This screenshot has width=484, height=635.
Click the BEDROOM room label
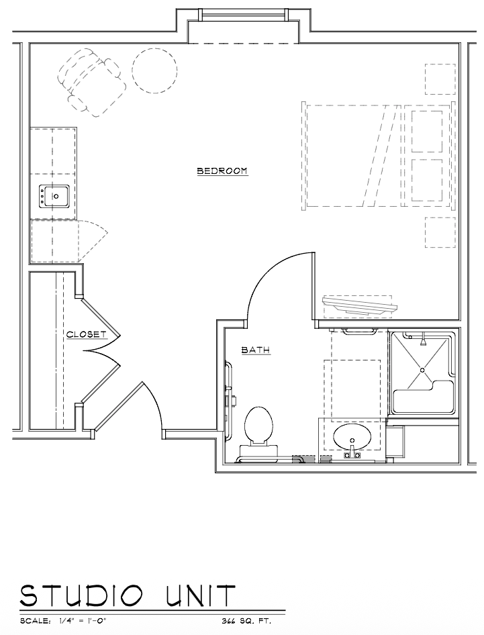coord(222,171)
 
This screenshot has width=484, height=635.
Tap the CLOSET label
coord(87,334)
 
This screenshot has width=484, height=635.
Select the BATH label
coord(256,350)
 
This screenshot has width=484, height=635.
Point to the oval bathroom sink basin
coord(352,438)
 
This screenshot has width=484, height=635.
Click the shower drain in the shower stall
coord(422,370)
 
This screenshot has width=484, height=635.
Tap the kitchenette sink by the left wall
coord(54,197)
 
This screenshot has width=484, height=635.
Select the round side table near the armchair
coord(154,71)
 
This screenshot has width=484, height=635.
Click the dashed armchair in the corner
coord(91,82)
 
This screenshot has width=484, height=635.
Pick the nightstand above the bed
coord(440,79)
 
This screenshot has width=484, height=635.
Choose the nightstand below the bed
coord(440,232)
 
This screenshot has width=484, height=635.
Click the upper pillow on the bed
coord(427,131)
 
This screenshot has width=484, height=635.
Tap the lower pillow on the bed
coord(427,180)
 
